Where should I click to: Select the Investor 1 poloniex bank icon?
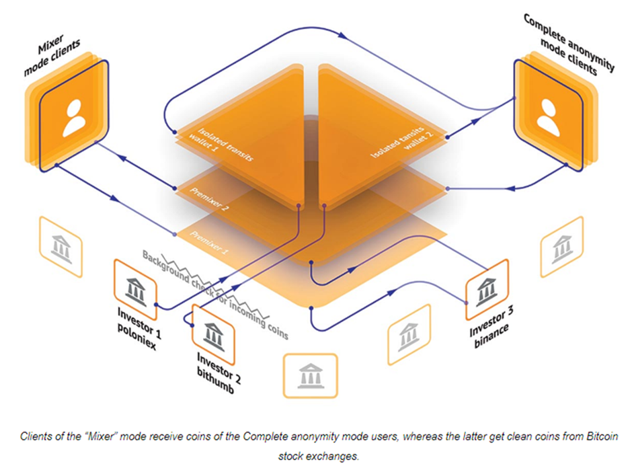pos(136,290)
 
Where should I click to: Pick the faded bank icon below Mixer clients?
pos(61,247)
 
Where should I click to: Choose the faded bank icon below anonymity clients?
pos(561,247)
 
